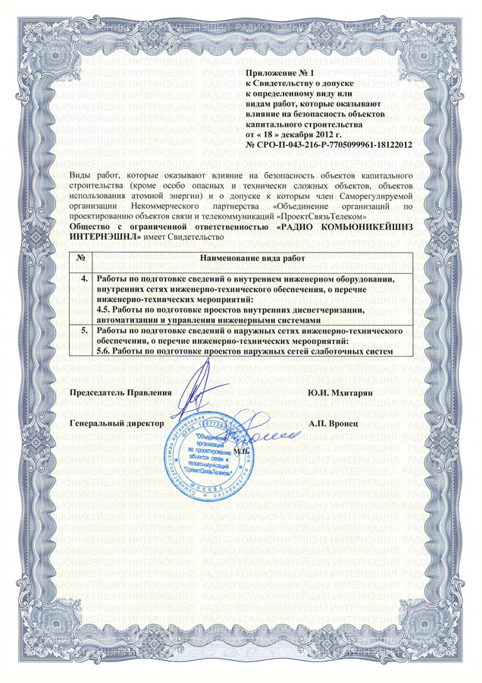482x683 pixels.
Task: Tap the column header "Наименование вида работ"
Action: click(x=252, y=260)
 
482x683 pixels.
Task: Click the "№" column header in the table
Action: click(x=80, y=260)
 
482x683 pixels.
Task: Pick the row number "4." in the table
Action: click(x=85, y=280)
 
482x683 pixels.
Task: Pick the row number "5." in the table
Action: click(x=85, y=332)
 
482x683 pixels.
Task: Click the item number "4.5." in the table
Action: click(x=108, y=310)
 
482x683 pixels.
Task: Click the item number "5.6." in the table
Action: click(x=108, y=352)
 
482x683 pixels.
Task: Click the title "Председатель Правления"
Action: click(x=121, y=392)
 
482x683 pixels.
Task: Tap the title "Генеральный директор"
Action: click(x=117, y=421)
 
